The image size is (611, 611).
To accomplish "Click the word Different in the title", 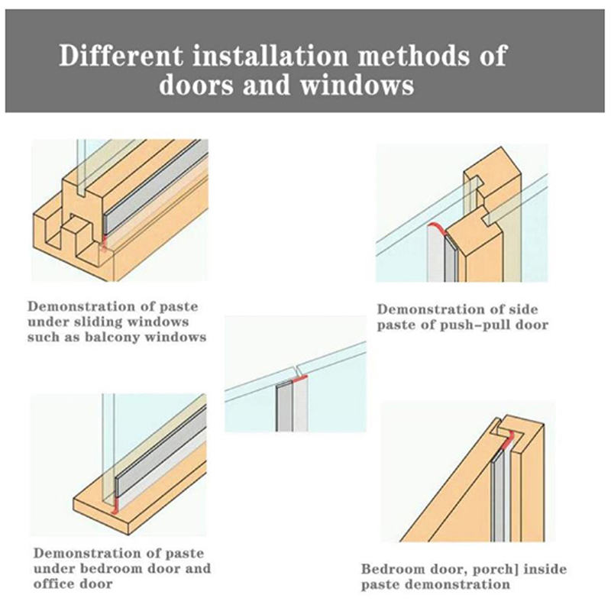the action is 121,56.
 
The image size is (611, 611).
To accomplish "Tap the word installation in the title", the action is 270,56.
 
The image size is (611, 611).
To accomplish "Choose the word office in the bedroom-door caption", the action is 53,584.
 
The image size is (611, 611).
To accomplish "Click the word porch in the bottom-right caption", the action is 493,569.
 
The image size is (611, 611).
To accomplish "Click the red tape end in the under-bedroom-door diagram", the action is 115,506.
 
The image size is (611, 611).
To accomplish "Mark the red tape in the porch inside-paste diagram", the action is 509,441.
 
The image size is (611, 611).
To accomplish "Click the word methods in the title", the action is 411,56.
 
